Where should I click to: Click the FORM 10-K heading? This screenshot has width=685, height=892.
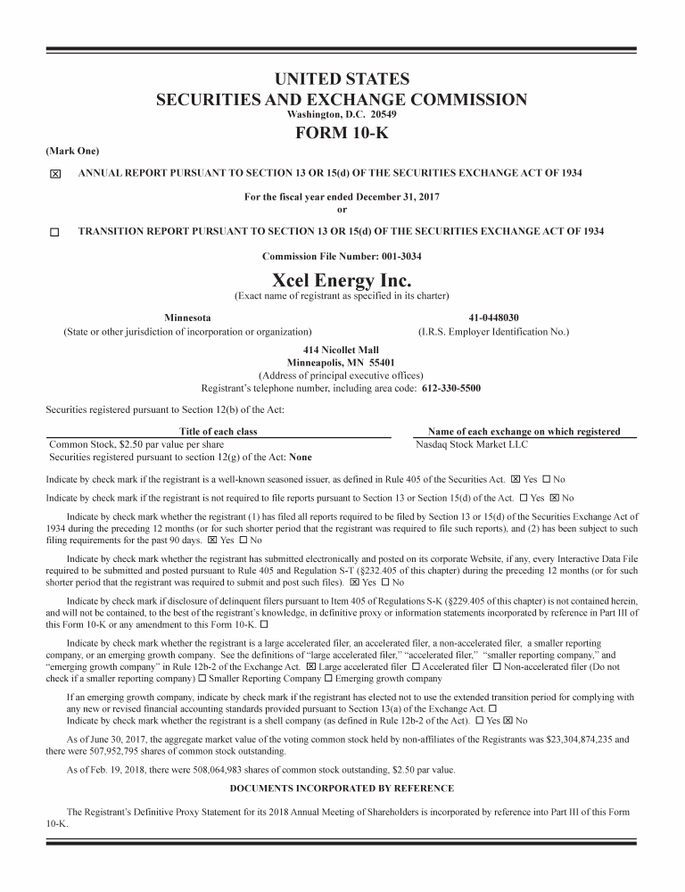click(342, 134)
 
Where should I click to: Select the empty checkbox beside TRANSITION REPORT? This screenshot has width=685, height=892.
click(54, 232)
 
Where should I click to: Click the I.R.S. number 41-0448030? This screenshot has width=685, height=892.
click(493, 318)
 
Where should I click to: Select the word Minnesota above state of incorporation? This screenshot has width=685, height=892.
click(188, 318)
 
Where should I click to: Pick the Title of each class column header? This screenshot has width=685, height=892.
click(219, 432)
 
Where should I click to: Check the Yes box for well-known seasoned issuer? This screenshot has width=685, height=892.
click(516, 479)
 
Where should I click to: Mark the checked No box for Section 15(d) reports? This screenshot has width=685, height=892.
click(554, 498)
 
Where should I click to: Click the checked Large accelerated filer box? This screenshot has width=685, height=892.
click(311, 666)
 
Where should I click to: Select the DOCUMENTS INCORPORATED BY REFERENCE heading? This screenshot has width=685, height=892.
click(342, 789)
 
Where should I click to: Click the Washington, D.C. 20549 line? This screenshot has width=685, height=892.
click(342, 115)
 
